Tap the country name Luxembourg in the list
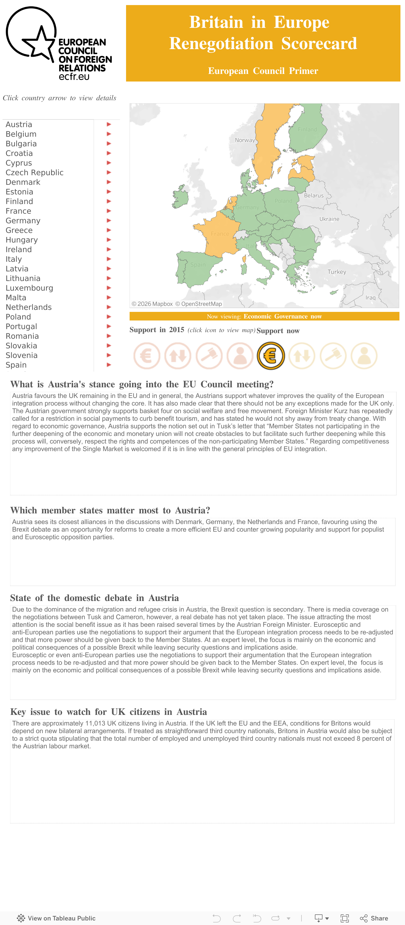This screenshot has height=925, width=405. (x=29, y=288)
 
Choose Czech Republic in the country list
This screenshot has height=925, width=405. (x=34, y=172)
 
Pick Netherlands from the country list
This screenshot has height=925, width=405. (x=29, y=307)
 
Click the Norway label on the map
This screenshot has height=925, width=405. (x=245, y=140)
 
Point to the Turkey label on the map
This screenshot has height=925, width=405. (x=336, y=272)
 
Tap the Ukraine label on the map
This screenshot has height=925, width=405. (x=329, y=219)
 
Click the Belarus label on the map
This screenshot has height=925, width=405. (x=313, y=195)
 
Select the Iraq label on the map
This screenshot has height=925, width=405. (x=370, y=298)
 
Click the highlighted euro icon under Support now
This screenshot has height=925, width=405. (x=271, y=356)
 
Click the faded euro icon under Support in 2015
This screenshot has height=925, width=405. (x=147, y=356)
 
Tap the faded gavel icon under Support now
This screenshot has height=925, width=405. (x=333, y=356)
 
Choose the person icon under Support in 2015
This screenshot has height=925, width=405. (x=240, y=356)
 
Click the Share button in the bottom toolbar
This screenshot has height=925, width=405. (x=374, y=918)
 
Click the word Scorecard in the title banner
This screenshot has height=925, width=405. (x=319, y=44)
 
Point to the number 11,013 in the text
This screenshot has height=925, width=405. (x=97, y=723)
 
